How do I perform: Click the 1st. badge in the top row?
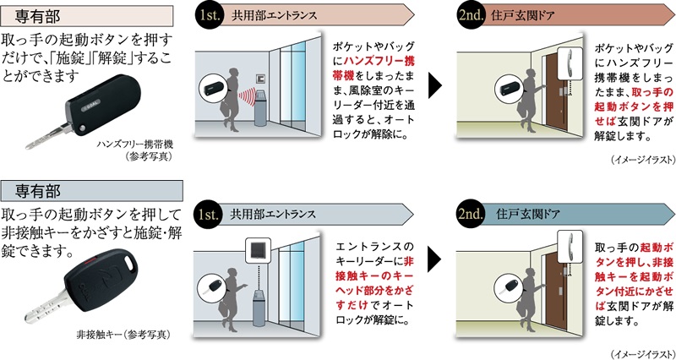pos(209,16)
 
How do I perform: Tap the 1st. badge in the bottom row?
pos(209,214)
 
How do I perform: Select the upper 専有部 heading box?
pos(87,16)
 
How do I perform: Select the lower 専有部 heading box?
pos(92,191)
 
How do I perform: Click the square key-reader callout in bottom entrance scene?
pos(259,249)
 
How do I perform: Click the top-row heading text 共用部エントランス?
pos(274,16)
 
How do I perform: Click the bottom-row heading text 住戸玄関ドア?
pos(527,214)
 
